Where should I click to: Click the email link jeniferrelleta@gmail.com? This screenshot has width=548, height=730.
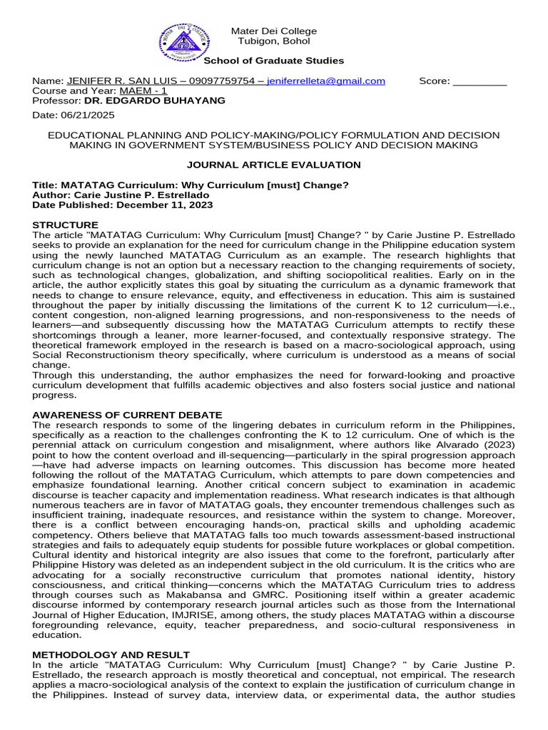click(x=326, y=81)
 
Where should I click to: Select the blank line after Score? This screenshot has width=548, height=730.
click(x=479, y=81)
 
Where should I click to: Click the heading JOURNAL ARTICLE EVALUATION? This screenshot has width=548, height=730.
click(x=273, y=165)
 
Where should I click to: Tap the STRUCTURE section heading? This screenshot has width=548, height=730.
click(x=66, y=225)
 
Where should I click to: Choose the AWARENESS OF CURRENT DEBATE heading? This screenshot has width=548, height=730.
click(x=128, y=415)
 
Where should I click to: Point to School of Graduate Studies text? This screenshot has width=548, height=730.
click(x=275, y=61)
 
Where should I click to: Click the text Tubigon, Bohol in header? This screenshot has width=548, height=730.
click(x=274, y=41)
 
